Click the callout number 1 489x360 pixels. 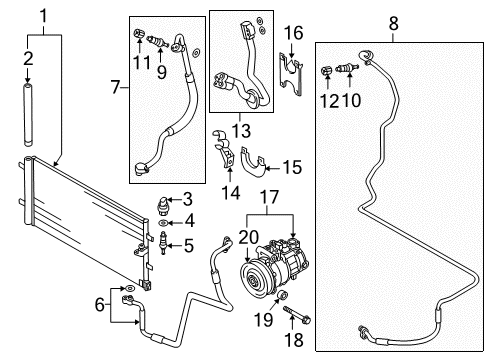(44, 17)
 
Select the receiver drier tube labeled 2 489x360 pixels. (28, 115)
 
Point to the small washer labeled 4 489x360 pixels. (163, 222)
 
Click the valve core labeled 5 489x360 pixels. (163, 243)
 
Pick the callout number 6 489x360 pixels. (100, 305)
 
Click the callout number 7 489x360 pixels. (115, 87)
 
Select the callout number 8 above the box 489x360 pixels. (393, 24)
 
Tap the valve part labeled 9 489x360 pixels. (158, 42)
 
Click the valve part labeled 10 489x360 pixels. (347, 69)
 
